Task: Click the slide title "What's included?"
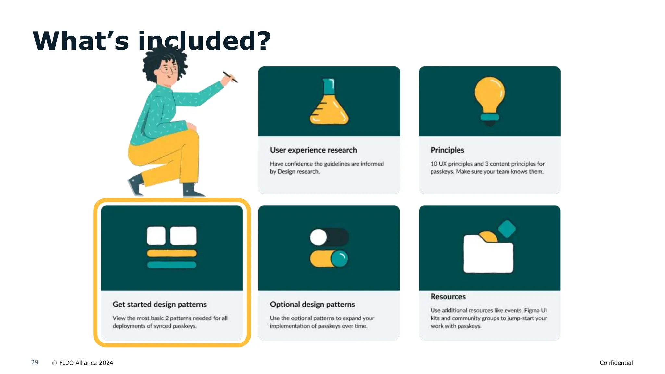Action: [x=152, y=41]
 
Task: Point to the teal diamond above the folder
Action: [x=507, y=229]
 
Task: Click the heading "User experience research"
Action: [x=313, y=150]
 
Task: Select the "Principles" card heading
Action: [x=447, y=150]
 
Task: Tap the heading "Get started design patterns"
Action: [x=159, y=305]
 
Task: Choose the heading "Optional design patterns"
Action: [x=312, y=305]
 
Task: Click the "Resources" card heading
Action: [x=448, y=297]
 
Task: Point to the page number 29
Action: [x=35, y=362]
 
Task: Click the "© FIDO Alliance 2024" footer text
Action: [x=83, y=363]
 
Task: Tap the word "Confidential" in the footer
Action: [x=616, y=363]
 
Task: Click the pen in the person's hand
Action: [x=230, y=77]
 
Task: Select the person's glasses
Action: [x=169, y=69]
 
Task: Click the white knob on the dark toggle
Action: [x=318, y=237]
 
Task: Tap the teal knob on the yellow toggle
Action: [x=339, y=259]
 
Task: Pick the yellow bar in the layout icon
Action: [x=172, y=254]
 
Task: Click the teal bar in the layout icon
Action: [x=172, y=265]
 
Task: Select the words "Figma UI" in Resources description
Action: [x=535, y=310]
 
